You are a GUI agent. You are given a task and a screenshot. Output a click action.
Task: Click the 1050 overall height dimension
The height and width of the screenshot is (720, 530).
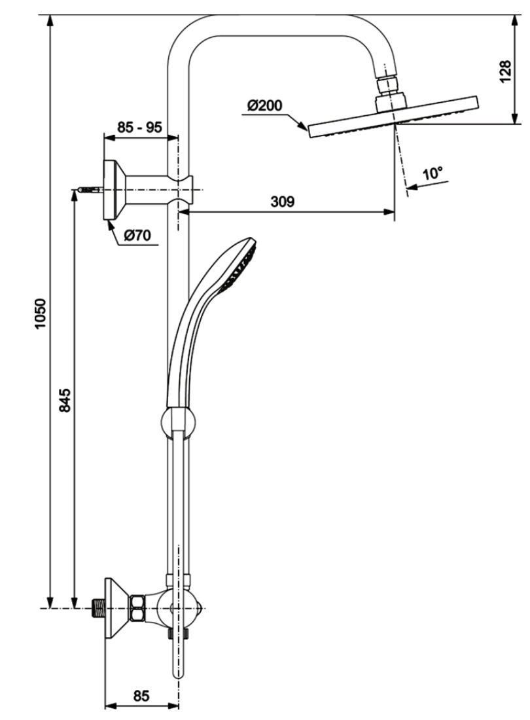click(x=41, y=314)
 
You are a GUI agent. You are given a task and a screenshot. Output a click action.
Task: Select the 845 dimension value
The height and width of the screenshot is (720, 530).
click(x=65, y=400)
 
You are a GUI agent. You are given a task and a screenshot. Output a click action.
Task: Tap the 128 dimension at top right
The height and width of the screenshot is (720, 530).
click(x=504, y=71)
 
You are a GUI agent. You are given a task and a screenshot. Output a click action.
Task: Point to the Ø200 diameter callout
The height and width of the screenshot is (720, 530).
click(x=265, y=105)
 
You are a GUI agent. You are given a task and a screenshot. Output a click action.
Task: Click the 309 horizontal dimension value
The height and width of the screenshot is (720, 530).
click(x=282, y=201)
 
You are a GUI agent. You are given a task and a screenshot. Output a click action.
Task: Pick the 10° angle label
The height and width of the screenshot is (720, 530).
click(x=433, y=173)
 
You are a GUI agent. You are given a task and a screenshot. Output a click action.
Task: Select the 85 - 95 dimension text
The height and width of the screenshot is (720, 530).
click(x=139, y=127)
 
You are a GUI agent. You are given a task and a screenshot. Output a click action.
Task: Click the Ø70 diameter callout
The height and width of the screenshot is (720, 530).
click(x=137, y=236)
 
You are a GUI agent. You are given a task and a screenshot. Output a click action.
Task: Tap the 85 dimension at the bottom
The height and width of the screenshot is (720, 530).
click(x=141, y=696)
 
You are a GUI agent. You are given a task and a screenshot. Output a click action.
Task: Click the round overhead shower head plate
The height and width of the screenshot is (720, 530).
click(x=393, y=117)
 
